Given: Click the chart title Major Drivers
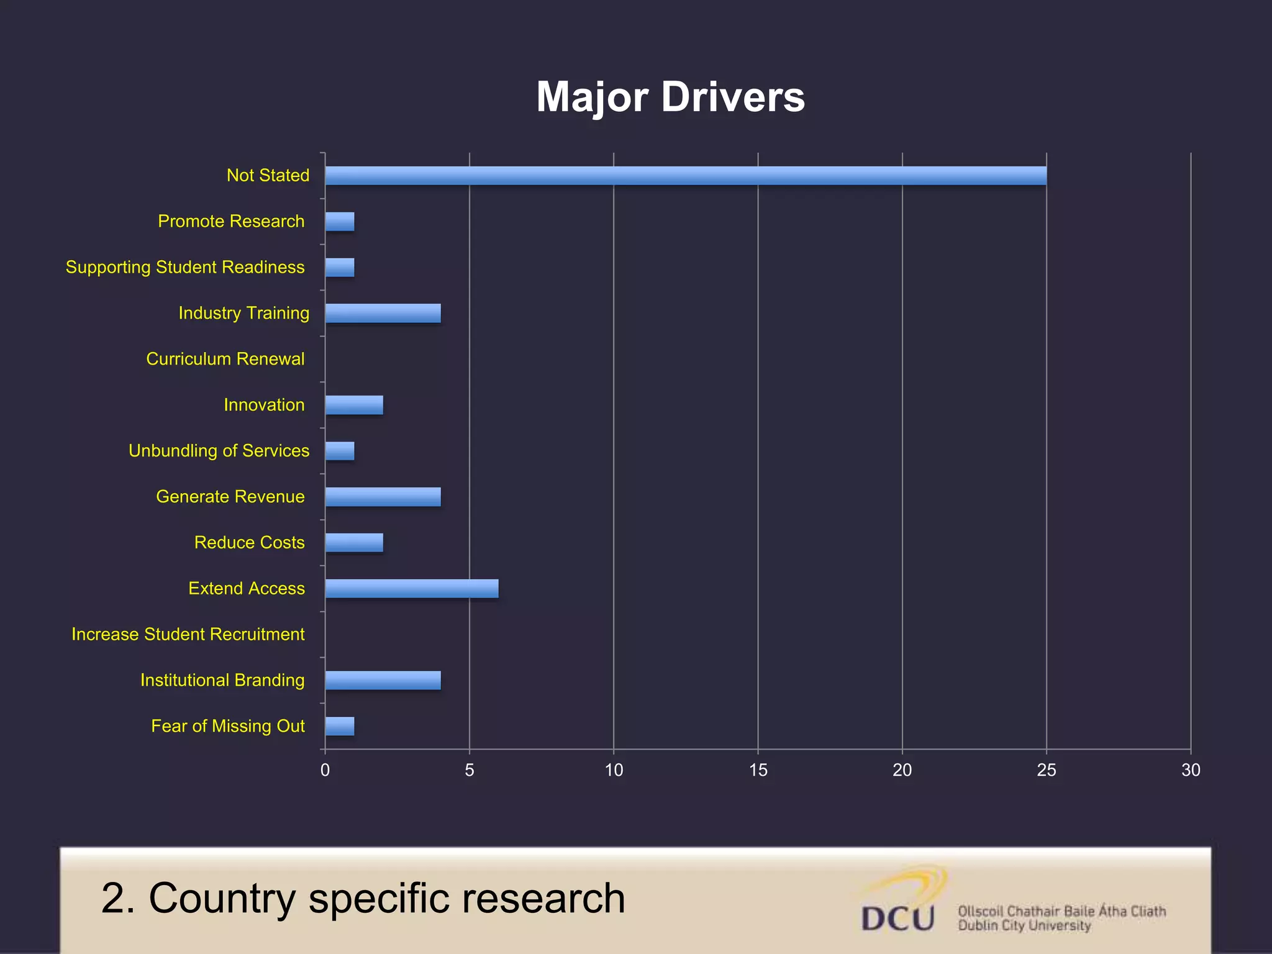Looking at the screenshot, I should click(670, 98).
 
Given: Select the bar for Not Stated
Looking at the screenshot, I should click(685, 176).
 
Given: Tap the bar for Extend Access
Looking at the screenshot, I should click(411, 588).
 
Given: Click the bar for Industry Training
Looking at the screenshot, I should click(383, 313).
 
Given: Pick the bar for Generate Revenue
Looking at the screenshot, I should click(383, 497).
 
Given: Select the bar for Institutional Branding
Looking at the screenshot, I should click(383, 680).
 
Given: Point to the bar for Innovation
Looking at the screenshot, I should click(354, 405).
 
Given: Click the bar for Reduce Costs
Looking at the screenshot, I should click(354, 543).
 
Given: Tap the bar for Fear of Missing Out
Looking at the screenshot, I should click(340, 726).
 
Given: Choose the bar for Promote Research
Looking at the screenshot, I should click(340, 222).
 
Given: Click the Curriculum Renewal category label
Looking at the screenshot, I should click(225, 359).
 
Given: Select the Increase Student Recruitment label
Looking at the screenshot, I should click(188, 634).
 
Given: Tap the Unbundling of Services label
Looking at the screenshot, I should click(219, 451).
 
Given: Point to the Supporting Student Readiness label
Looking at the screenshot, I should click(185, 267).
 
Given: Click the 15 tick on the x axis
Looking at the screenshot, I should click(758, 770).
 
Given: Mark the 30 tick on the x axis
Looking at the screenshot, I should click(1190, 770).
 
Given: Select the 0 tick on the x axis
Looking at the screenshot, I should click(325, 770).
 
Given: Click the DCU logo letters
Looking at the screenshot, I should click(897, 918).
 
